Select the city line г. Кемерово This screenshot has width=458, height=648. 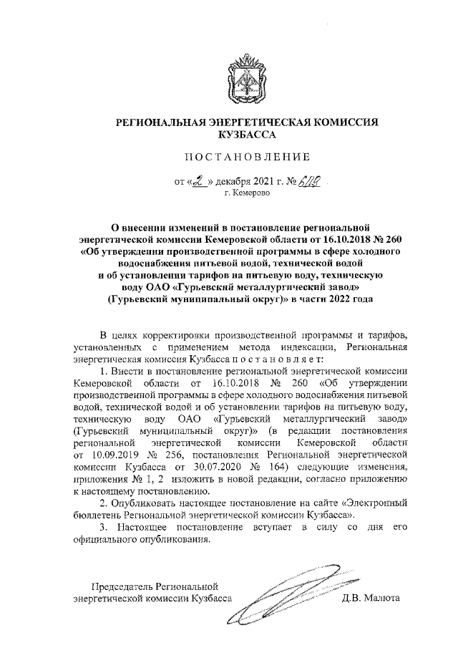(247, 194)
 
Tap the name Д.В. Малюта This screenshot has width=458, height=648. (372, 598)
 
